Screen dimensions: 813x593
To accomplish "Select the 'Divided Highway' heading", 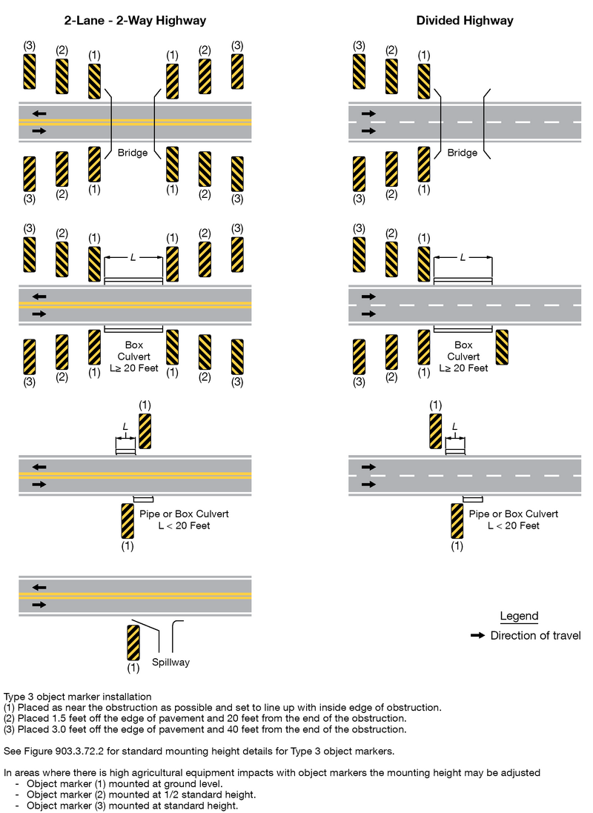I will coord(465,21).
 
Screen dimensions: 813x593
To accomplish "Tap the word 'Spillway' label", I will coord(170,662).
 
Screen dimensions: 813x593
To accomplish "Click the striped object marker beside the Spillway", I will coord(133,643).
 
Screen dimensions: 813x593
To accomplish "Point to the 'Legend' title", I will coord(519,616).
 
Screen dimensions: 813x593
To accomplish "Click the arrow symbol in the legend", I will coord(479,636).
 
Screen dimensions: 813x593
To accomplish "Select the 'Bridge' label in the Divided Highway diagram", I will coord(463,153).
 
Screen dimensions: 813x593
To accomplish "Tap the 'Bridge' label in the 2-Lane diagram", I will coord(133,153).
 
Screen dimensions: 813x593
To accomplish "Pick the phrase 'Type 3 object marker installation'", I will coord(77,697).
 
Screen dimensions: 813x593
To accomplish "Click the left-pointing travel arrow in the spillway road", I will coord(39,587).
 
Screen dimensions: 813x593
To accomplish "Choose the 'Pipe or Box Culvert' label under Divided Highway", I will coord(514,514).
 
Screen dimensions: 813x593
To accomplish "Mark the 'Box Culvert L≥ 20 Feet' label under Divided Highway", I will coord(463,356).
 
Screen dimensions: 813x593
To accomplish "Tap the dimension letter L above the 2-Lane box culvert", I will coord(133,257).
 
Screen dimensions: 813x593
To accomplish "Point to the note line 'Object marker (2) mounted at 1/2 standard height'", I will coord(142,794).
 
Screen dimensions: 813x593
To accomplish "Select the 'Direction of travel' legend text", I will coord(535,636).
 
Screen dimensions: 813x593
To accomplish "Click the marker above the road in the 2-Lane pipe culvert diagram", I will coord(145,431).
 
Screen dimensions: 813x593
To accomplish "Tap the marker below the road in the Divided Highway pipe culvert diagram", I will coord(457,521).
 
